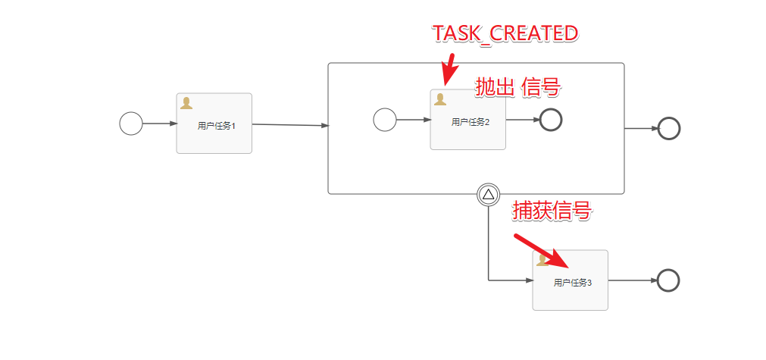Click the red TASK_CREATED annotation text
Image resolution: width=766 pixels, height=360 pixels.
(505, 33)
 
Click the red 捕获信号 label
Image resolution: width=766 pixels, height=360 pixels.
(552, 211)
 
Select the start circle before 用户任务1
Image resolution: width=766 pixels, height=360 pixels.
(131, 123)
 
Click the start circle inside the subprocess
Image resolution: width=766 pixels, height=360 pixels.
(385, 120)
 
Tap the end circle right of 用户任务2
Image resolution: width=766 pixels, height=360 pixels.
(551, 120)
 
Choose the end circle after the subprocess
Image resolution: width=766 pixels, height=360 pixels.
(669, 128)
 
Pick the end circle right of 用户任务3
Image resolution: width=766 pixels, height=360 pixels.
(668, 280)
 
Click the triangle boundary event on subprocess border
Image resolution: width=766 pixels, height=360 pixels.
(488, 195)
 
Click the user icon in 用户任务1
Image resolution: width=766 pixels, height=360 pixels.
(186, 103)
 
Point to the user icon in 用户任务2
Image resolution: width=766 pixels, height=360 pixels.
(439, 99)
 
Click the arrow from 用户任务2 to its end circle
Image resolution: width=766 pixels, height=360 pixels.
(522, 120)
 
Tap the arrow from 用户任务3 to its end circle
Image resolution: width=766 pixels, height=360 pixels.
(632, 280)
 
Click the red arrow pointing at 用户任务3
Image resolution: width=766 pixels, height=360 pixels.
(541, 251)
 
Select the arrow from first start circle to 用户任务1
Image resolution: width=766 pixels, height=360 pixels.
(159, 123)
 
